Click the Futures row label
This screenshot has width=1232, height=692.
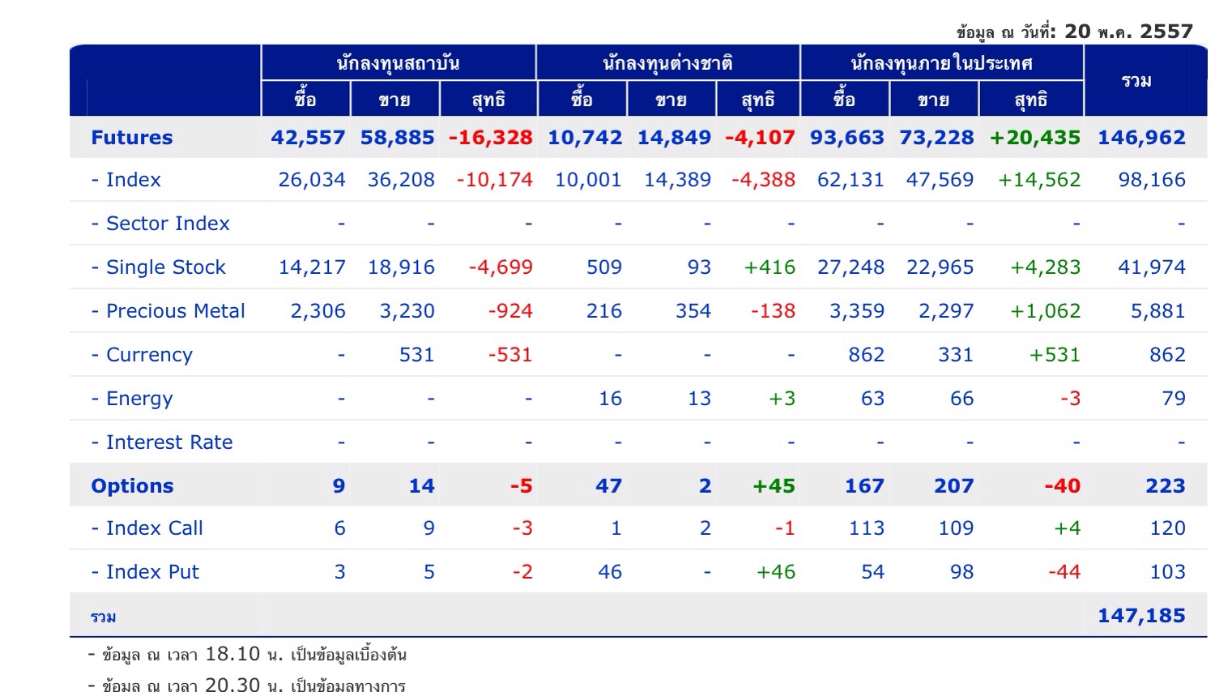click(132, 138)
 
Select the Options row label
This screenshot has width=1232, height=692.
click(132, 486)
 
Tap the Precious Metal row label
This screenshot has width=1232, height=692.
click(168, 311)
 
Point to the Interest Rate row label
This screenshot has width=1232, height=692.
click(161, 442)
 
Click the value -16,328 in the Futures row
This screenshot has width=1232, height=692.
click(491, 138)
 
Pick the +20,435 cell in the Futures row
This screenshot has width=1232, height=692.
click(1035, 138)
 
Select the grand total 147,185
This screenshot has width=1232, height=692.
click(1141, 616)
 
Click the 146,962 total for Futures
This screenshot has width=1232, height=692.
click(1141, 138)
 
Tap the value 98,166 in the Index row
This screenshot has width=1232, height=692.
click(1152, 180)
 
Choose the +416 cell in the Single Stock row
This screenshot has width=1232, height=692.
click(769, 267)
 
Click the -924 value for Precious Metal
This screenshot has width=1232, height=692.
click(510, 311)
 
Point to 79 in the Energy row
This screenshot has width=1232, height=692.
click(1174, 399)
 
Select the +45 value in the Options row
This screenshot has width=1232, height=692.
click(774, 486)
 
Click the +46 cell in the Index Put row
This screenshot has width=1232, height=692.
click(776, 572)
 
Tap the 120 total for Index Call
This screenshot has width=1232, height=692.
click(1167, 528)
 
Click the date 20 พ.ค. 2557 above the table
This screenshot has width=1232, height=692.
click(1128, 32)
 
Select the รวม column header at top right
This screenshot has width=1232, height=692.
click(1136, 81)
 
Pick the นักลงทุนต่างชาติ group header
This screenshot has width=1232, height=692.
click(667, 63)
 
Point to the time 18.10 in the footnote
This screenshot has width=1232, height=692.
click(232, 654)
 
